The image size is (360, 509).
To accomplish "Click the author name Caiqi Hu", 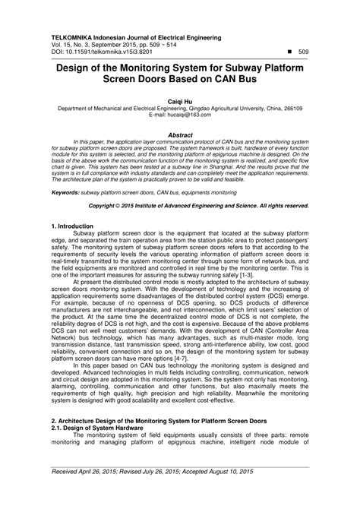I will pos(180,100).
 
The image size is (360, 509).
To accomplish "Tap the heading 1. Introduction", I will pos(72,226).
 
